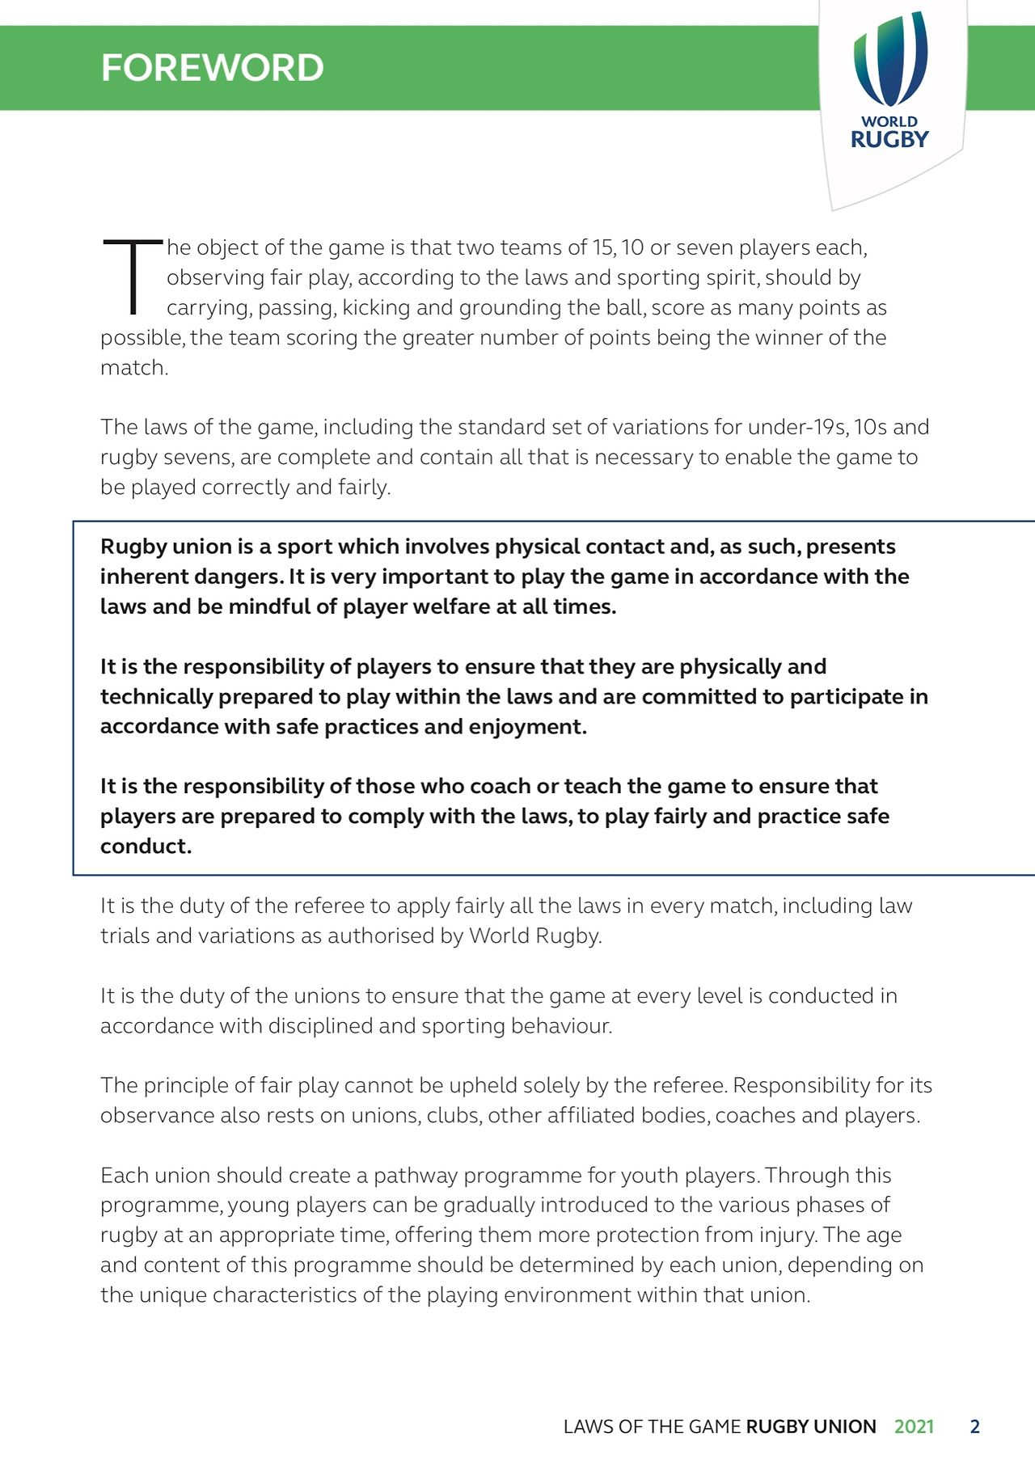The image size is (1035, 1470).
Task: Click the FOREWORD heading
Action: click(212, 68)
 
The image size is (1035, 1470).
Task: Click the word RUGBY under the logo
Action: click(889, 140)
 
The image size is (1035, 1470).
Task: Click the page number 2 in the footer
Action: click(974, 1426)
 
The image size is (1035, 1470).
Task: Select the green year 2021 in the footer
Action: click(914, 1426)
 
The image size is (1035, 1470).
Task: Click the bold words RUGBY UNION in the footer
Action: click(810, 1426)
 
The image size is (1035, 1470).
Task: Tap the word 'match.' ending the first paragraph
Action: click(134, 368)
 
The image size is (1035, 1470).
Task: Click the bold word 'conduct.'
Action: click(146, 846)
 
